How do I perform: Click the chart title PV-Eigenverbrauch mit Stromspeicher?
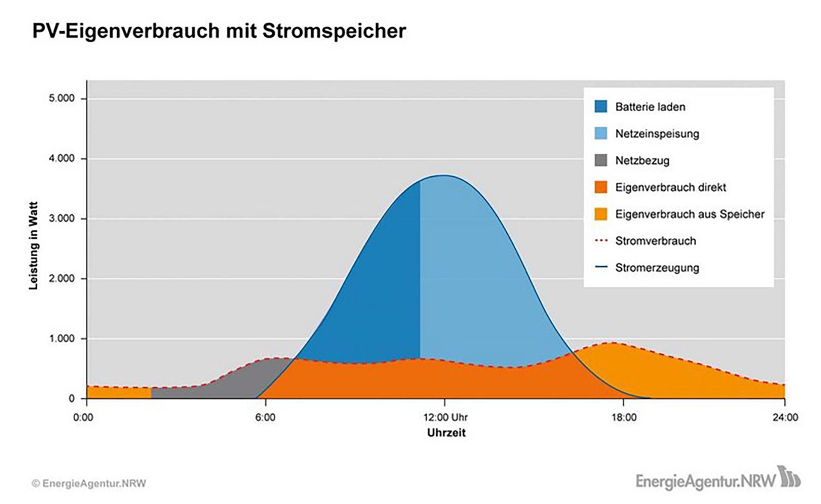point(219,31)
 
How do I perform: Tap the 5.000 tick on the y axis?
point(62,98)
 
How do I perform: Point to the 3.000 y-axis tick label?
point(62,219)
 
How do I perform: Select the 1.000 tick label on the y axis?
point(62,338)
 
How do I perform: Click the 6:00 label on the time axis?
point(265,417)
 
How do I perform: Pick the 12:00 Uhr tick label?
point(445,417)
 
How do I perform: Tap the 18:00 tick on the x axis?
point(624,417)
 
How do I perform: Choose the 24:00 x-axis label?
point(785,417)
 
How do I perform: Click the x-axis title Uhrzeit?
point(446,433)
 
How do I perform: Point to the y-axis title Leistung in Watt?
point(34,246)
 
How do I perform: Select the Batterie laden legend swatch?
point(601,107)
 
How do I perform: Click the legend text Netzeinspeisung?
point(657,133)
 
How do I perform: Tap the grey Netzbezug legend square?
point(601,160)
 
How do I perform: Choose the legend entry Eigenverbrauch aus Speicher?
point(689,214)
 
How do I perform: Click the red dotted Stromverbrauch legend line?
point(601,241)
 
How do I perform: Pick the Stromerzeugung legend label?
point(657,268)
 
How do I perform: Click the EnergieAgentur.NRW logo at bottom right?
point(718,479)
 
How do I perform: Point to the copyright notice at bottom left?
point(89,483)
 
